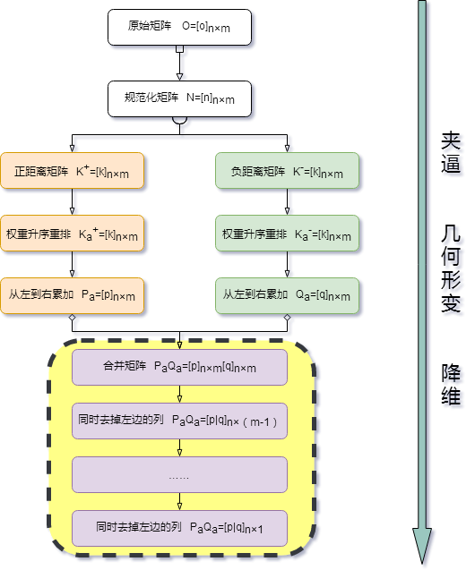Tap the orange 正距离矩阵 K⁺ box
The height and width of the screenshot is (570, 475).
click(x=73, y=171)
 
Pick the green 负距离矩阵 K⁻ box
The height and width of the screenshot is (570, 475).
click(x=288, y=171)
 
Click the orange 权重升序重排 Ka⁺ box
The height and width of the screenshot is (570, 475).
click(x=73, y=235)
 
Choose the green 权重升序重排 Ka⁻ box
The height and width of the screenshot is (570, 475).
click(x=288, y=235)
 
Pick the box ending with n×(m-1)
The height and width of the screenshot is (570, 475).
click(x=179, y=421)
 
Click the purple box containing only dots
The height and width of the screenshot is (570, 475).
click(x=179, y=475)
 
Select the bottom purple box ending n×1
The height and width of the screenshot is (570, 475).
click(x=179, y=528)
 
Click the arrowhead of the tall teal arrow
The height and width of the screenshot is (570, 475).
click(x=424, y=547)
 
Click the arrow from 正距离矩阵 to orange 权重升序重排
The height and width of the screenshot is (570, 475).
click(x=73, y=202)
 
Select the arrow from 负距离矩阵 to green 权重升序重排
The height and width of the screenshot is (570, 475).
click(x=288, y=202)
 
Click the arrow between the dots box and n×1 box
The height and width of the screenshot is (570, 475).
click(x=179, y=501)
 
